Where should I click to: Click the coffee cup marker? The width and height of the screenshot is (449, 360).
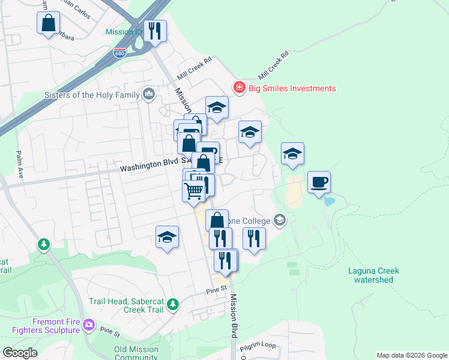click(319, 182)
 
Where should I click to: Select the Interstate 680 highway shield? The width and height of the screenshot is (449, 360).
click(120, 53)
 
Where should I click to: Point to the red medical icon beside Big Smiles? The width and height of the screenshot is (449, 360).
click(240, 88)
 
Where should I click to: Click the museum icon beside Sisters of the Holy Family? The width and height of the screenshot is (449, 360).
click(148, 94)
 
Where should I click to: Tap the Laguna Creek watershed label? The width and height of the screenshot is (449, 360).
click(373, 275)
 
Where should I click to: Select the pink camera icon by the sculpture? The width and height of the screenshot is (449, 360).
click(89, 325)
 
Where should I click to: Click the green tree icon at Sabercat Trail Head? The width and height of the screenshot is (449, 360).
click(173, 305)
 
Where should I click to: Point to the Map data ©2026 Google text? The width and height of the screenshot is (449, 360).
click(412, 355)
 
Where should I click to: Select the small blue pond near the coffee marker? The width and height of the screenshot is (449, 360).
click(328, 201)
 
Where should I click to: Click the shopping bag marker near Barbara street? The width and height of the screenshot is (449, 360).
click(48, 24)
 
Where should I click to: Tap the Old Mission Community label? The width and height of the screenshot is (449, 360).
click(136, 353)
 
